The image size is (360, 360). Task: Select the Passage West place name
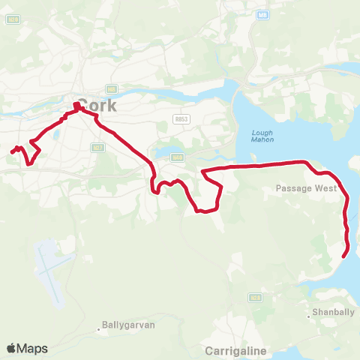coord(306,188)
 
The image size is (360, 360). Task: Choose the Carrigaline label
coord(235,350)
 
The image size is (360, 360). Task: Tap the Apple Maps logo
coord(27,349)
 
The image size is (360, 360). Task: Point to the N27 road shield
coord(97,148)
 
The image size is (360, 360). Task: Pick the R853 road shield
coord(180,118)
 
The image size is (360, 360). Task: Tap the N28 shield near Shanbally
coord(256,298)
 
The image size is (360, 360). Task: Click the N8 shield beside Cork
coord(110,88)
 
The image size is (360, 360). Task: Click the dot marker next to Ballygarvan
coord(98,328)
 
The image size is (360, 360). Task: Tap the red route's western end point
coord(12,152)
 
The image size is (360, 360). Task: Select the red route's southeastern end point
coord(344,256)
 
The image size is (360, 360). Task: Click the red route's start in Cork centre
coord(76,106)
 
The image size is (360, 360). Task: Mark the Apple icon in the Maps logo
coord(11,349)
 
